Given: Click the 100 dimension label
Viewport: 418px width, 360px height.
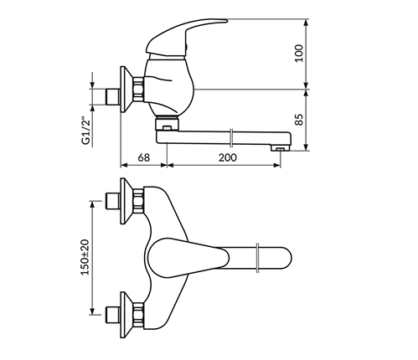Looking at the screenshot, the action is [x=299, y=53].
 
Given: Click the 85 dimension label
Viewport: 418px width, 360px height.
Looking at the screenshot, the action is [x=299, y=120].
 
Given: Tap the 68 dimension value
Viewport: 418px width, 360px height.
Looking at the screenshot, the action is [x=144, y=157].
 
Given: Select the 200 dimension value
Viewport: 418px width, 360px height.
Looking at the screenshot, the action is [x=227, y=157].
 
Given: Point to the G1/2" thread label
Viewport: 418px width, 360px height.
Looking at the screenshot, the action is [x=86, y=131].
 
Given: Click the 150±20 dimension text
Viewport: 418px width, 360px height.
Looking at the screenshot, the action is [x=85, y=257].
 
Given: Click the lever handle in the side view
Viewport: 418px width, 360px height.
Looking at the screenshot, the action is [x=184, y=35].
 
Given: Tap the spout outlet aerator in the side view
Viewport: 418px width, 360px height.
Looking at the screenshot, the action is [x=280, y=148].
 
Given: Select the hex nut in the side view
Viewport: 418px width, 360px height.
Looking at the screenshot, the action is [x=138, y=90].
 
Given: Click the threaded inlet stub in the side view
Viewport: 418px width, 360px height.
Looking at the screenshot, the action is [x=112, y=97].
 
